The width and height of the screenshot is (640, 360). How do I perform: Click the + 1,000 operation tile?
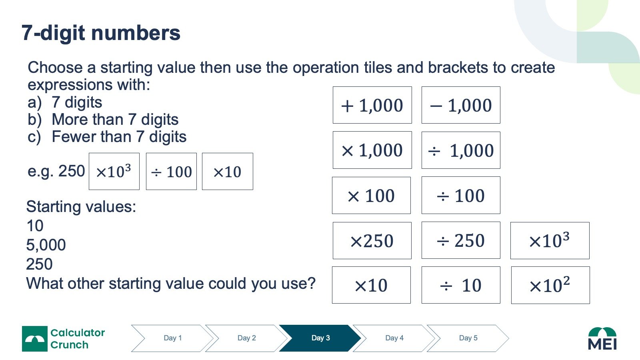(x=372, y=105)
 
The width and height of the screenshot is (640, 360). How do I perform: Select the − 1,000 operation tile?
(x=461, y=105)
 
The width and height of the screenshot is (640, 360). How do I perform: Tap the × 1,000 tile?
(x=372, y=150)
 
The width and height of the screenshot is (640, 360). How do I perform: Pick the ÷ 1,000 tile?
(x=461, y=150)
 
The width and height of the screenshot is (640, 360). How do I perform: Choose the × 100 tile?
(x=371, y=195)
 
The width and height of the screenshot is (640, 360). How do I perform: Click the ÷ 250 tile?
(x=461, y=240)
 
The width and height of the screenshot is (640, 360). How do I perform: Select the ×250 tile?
(x=372, y=240)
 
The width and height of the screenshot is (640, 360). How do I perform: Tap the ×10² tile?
(x=550, y=285)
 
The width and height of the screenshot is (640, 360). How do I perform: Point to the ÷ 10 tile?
(x=461, y=285)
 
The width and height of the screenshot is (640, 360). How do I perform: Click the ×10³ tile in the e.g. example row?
(x=114, y=172)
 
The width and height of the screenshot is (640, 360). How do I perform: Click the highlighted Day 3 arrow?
(x=320, y=338)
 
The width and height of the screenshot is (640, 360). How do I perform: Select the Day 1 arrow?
(x=172, y=338)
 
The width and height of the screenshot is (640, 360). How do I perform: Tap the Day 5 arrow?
(x=468, y=338)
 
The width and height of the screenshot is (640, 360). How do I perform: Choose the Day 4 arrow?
(x=394, y=338)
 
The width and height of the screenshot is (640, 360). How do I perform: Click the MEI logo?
(x=602, y=338)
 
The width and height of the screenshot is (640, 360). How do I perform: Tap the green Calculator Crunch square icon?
(x=34, y=338)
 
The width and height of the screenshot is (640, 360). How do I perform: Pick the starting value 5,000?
(x=46, y=245)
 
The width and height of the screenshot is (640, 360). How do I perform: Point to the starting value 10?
(x=35, y=226)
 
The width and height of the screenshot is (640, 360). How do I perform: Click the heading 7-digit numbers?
(x=101, y=33)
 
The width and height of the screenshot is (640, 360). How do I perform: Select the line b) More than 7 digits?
(x=103, y=120)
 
